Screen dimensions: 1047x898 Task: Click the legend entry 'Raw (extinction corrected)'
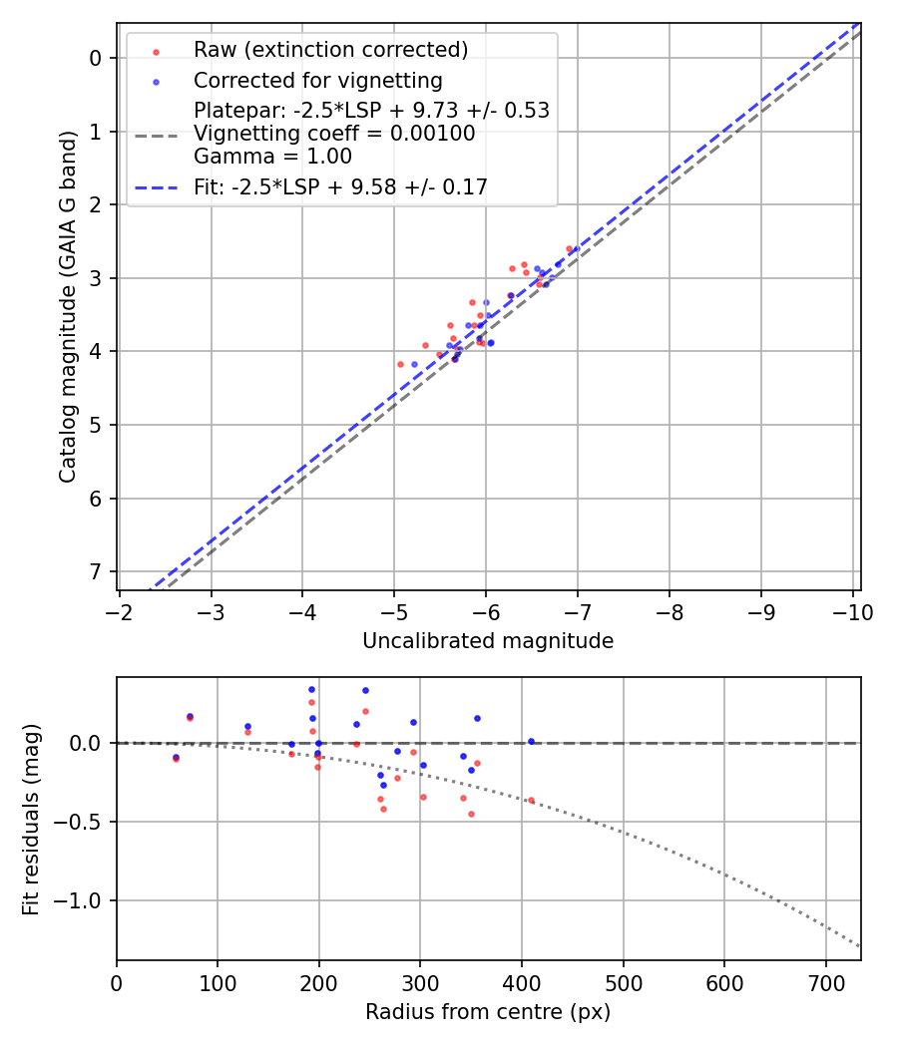[x=330, y=50]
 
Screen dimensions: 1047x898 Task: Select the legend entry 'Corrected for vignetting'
[x=317, y=80]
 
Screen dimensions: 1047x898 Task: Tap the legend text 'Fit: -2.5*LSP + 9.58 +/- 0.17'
[x=340, y=186]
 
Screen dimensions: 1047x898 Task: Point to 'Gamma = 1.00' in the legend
[x=272, y=157]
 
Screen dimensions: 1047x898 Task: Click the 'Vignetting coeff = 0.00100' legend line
[x=334, y=134]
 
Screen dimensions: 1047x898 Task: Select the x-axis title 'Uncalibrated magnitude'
[x=488, y=641]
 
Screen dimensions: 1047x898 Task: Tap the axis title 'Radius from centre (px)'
[x=488, y=1012]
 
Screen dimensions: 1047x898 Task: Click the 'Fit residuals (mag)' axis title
[x=31, y=820]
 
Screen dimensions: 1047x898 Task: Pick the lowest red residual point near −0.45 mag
[x=471, y=814]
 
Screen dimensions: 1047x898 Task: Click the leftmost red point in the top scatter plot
[x=401, y=364]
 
